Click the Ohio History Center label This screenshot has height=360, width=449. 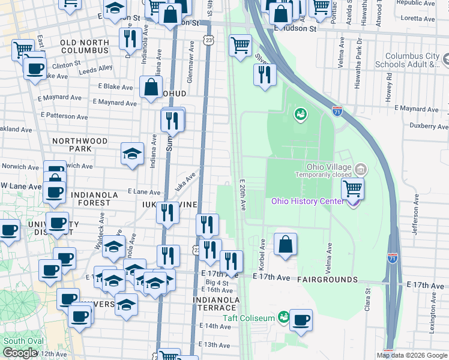[308, 201]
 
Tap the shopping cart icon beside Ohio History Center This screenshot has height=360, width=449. [352, 189]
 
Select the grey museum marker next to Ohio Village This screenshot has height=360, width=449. [360, 168]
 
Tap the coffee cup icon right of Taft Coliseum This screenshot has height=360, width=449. [301, 319]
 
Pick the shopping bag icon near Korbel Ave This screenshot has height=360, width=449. [286, 244]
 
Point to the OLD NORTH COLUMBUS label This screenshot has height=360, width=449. [92, 47]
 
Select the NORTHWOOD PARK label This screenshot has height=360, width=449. [80, 145]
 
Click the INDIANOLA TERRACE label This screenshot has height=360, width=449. [217, 304]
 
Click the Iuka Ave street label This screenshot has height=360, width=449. [186, 180]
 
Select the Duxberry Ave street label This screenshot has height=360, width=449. [429, 127]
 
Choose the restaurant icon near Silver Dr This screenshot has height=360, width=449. [264, 74]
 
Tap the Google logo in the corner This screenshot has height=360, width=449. [20, 353]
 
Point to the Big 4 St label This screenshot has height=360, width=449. [217, 282]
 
